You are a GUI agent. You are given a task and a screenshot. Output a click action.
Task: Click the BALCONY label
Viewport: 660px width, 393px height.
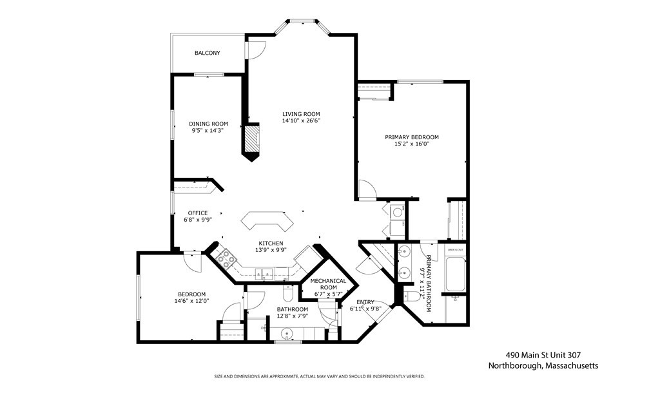pos(208,53)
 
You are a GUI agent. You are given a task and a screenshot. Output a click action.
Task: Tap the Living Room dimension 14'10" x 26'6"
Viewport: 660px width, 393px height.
pos(301,120)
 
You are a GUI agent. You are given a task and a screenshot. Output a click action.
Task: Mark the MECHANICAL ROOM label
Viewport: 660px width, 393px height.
pos(328,284)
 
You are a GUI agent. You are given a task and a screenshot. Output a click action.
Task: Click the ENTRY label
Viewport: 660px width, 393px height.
pos(365,302)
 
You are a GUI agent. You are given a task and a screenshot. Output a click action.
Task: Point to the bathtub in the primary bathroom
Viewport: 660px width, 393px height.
pos(455,274)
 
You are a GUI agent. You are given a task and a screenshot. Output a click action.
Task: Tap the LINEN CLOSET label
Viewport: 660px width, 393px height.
pos(455,249)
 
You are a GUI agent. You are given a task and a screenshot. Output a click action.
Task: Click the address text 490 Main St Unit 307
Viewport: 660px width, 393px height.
pos(552,354)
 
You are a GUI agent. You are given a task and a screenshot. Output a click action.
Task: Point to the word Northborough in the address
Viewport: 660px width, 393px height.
pos(514,365)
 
